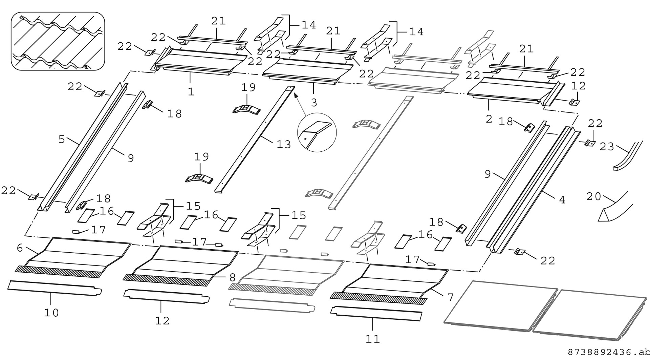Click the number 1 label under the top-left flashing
[191, 92]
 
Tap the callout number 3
[314, 103]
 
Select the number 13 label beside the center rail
[284, 145]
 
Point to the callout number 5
[62, 139]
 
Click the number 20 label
[594, 196]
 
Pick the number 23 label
[607, 147]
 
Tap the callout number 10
[51, 313]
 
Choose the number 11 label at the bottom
[373, 339]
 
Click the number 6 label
[20, 248]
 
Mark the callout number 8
[232, 278]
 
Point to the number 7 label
[450, 297]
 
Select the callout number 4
[562, 200]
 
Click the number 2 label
[489, 119]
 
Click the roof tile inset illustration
[58, 41]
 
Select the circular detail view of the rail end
[317, 132]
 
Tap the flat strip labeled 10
[54, 288]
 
